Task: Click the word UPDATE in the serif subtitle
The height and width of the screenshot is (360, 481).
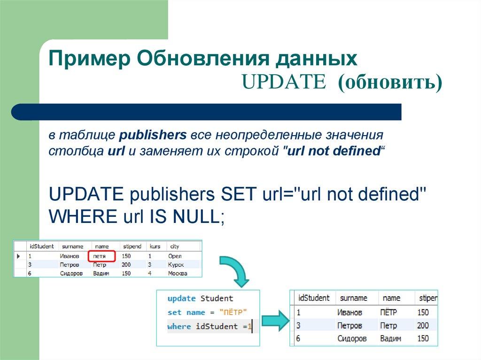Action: pos(284,82)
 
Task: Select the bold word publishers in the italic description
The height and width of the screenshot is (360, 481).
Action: pos(153,136)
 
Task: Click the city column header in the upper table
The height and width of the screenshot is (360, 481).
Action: pos(175,246)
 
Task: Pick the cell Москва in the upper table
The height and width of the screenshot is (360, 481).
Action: pos(178,273)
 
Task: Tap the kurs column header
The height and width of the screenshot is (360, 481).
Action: pos(155,246)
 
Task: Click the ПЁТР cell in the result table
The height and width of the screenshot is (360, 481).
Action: pos(388,312)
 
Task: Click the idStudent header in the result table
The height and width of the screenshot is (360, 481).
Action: pos(314,298)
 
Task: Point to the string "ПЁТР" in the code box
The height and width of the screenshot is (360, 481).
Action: pos(233,312)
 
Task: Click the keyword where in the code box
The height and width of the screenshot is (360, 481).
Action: pos(179,326)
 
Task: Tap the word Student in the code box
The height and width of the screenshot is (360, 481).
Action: pos(217,298)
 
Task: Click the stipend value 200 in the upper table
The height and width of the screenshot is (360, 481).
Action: pos(126,265)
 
